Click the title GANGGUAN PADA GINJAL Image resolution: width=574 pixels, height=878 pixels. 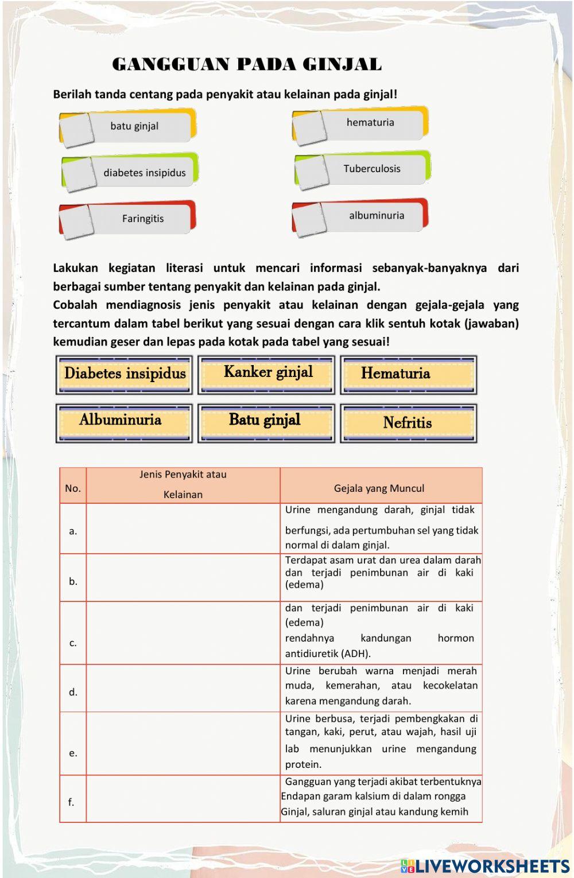[247, 64]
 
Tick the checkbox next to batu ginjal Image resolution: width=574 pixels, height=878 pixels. [77, 130]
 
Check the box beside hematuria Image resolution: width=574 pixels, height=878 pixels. [310, 128]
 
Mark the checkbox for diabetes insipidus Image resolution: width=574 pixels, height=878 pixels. [79, 174]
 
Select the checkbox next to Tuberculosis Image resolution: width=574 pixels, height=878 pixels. [312, 172]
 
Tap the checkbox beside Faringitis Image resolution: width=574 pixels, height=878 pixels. [76, 222]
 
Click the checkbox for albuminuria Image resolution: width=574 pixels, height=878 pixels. [309, 219]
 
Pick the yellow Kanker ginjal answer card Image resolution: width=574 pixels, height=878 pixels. [266, 374]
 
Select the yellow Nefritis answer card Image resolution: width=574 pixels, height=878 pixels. [408, 423]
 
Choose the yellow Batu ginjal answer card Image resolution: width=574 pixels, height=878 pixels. [266, 422]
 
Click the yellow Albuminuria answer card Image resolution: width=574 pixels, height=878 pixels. [123, 422]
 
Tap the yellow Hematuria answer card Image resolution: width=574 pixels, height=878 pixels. [408, 374]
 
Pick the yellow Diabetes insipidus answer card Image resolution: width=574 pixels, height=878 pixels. [124, 374]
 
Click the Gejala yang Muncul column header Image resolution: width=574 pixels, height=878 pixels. [379, 488]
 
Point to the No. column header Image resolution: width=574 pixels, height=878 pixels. [73, 488]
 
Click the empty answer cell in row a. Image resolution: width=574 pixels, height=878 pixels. [183, 529]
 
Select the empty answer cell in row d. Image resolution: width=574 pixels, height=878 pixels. [183, 688]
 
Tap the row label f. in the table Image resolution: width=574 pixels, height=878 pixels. [71, 802]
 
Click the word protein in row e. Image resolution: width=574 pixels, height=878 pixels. [303, 764]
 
